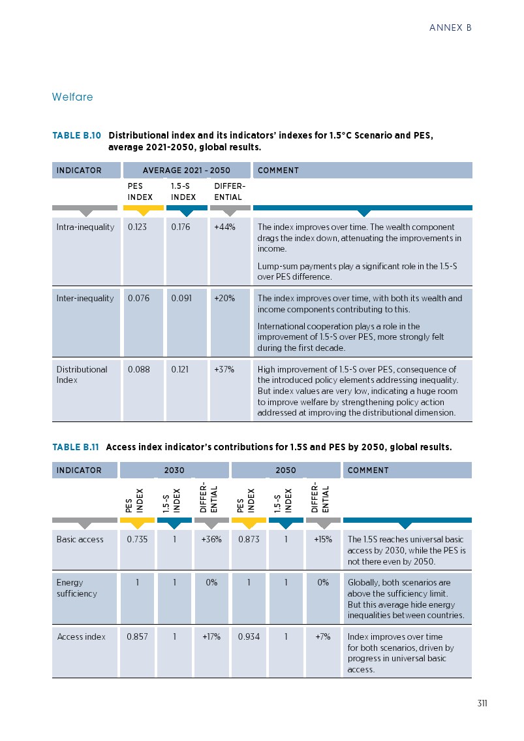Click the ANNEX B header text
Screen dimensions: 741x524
coord(450,28)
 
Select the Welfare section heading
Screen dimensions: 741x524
coord(72,97)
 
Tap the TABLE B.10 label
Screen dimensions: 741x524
coord(76,136)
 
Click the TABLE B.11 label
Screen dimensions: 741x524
coord(75,448)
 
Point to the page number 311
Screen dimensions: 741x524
coord(482,704)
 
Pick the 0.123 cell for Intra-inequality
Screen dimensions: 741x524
coord(137,227)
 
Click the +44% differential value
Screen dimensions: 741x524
coord(224,227)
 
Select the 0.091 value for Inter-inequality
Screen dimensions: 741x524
coord(180,299)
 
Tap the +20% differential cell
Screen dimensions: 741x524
coord(224,299)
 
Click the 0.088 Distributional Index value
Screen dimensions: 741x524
coord(138,369)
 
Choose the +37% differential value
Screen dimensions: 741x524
coord(224,369)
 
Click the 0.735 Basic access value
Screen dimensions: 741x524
coord(136,540)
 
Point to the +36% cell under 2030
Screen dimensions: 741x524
coord(211,540)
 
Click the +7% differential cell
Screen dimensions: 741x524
coord(322,637)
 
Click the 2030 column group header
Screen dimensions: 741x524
coord(174,470)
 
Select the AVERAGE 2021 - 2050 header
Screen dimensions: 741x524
coord(187,171)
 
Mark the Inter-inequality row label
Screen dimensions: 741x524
coord(85,299)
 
